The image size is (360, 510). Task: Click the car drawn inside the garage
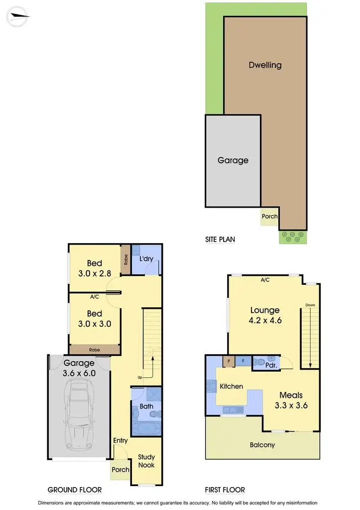tap(79, 413)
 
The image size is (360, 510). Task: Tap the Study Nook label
tap(146, 461)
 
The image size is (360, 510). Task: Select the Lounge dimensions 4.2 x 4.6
tap(265, 320)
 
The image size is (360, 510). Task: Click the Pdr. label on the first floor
tap(271, 365)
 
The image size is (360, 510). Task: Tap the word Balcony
tap(262, 445)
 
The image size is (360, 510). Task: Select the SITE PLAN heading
tap(220, 240)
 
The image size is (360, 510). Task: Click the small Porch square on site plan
tap(269, 217)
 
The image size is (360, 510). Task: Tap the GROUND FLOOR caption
tap(75, 490)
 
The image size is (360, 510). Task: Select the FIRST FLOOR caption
tap(225, 490)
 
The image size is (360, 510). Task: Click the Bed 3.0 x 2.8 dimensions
tap(95, 273)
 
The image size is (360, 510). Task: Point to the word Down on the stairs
tap(310, 305)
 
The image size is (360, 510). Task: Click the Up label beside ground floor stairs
tap(140, 377)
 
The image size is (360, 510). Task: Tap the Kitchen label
tap(232, 386)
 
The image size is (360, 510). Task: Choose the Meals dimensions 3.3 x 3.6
tap(291, 405)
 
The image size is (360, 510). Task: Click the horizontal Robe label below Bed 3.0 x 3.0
tap(95, 350)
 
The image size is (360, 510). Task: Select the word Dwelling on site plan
tap(265, 65)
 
